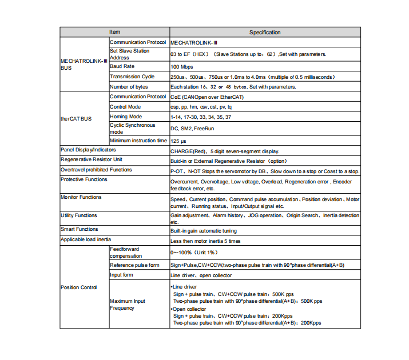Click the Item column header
[115, 33]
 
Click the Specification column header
[265, 33]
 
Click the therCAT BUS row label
[76, 119]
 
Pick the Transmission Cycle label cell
[132, 77]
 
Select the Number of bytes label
[129, 87]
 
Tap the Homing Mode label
[125, 117]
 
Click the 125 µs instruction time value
[179, 141]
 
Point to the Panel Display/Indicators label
[84, 150]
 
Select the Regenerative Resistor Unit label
[92, 160]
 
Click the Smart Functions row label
[80, 230]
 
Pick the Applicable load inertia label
[86, 240]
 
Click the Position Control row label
[79, 287]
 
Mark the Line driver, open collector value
[201, 276]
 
